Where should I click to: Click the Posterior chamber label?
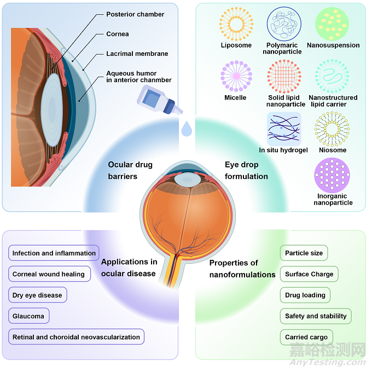(x=135, y=14)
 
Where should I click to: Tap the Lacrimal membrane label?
(x=137, y=54)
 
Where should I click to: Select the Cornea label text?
(x=118, y=34)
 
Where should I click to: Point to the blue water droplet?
(x=187, y=129)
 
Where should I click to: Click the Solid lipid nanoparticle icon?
(x=284, y=76)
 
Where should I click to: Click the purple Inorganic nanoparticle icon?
(x=333, y=175)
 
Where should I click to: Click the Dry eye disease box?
(x=37, y=295)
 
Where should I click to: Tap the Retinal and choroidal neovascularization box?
(x=76, y=337)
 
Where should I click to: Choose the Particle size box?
(x=304, y=253)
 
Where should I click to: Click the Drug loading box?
(x=305, y=295)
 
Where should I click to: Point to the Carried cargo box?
(x=307, y=337)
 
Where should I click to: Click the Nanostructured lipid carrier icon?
(x=333, y=76)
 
